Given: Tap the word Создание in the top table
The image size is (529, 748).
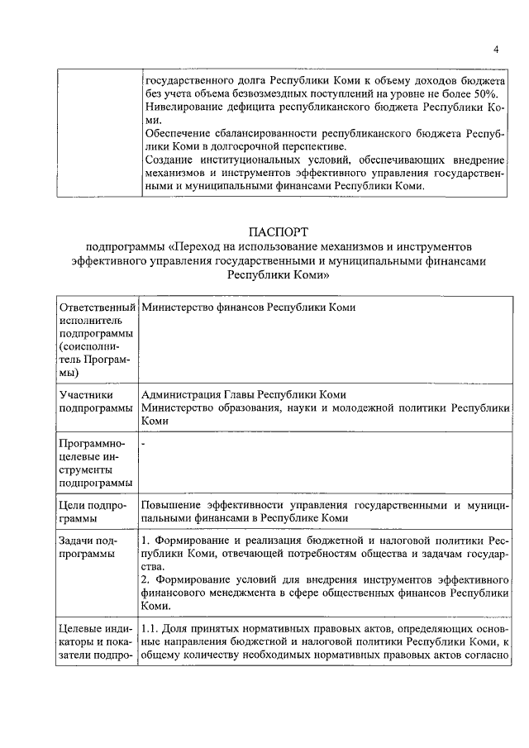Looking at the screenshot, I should [x=169, y=159].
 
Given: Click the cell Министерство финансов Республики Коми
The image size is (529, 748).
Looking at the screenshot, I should [x=249, y=306].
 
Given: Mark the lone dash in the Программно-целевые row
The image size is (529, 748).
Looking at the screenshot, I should [x=144, y=444].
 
